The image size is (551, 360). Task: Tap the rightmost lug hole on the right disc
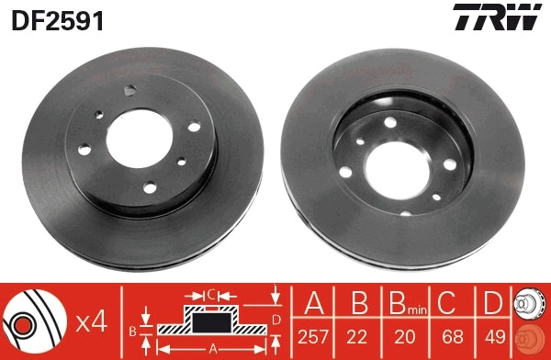(450, 163)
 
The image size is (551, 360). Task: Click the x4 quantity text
(91, 321)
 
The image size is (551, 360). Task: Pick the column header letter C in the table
(448, 304)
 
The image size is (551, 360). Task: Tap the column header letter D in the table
(492, 304)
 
